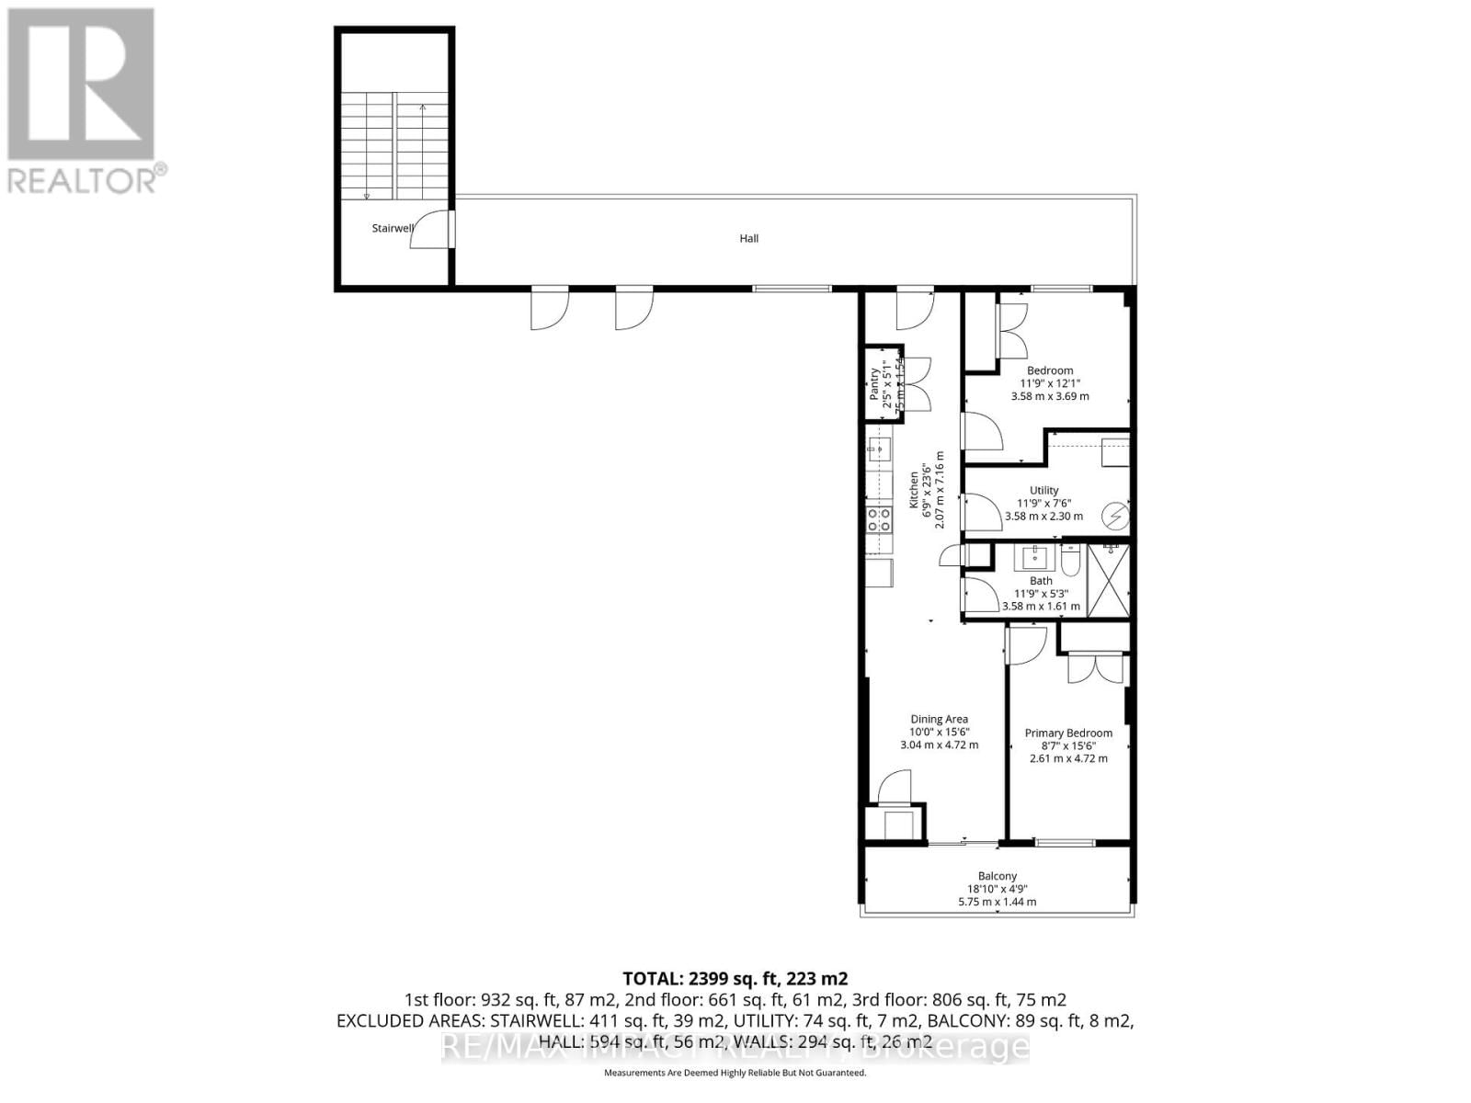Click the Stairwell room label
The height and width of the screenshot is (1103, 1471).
[x=392, y=228]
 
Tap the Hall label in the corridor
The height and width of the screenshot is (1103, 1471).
[x=749, y=239]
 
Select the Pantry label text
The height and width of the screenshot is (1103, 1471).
[x=874, y=383]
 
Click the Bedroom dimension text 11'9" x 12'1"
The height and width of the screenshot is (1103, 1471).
[x=1050, y=383]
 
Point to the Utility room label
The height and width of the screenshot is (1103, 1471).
[x=1043, y=490]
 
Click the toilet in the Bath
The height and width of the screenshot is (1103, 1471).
[x=1071, y=559]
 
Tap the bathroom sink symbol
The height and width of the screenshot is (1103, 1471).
[x=1034, y=557]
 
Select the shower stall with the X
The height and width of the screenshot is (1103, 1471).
[x=1108, y=581]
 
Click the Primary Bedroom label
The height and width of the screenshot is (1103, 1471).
[x=1068, y=733]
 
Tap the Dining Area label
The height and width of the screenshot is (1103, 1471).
[x=939, y=720]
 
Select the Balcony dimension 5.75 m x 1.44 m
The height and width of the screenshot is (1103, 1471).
[x=997, y=902]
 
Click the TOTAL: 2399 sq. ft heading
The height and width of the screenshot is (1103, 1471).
[x=735, y=978]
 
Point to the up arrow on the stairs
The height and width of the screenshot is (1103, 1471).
[x=423, y=108]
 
